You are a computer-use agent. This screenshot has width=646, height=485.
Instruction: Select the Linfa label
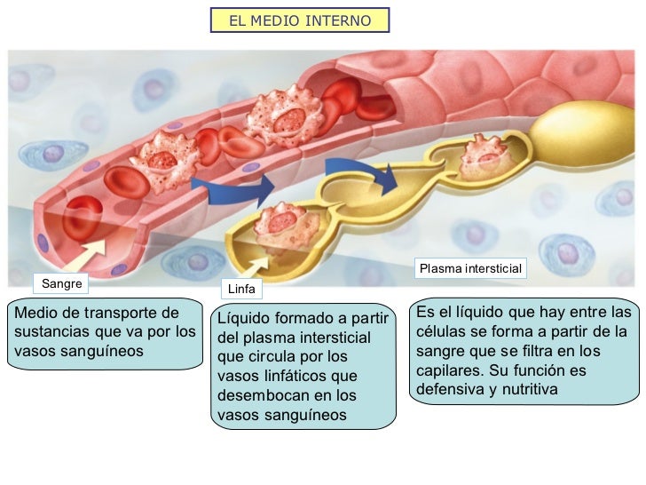[x=241, y=289]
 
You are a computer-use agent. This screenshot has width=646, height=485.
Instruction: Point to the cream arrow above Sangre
[x=97, y=251]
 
